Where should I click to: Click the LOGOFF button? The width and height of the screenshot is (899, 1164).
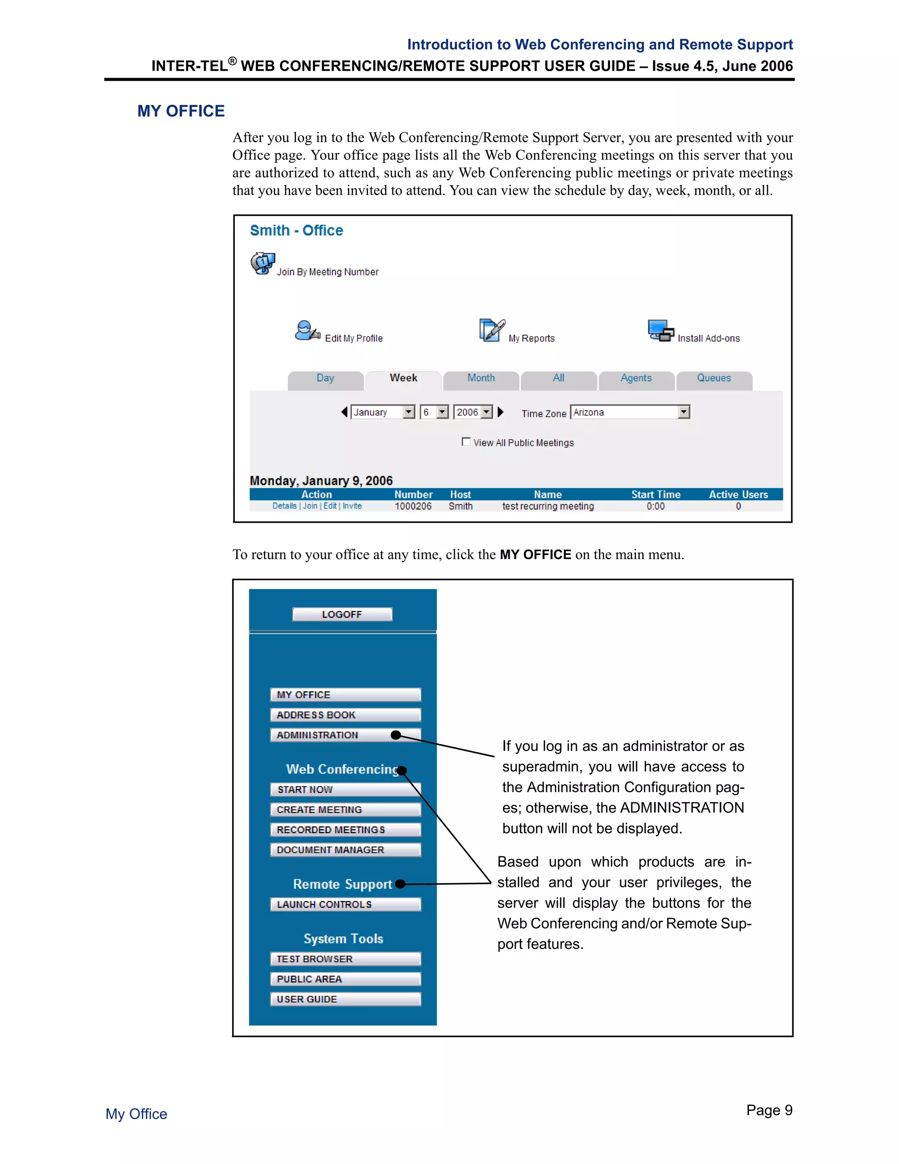(x=342, y=614)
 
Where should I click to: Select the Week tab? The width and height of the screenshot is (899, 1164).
(x=403, y=378)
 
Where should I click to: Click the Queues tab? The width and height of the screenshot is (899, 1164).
(x=714, y=378)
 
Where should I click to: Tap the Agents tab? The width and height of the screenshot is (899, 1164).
(x=636, y=378)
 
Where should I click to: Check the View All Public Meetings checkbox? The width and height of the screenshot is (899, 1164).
(x=466, y=442)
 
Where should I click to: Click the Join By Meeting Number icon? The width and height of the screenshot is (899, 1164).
(x=263, y=263)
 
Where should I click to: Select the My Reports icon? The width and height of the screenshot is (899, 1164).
(x=492, y=330)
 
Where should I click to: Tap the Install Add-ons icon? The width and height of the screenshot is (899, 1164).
(x=660, y=330)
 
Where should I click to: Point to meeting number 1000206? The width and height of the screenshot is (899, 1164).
(x=413, y=506)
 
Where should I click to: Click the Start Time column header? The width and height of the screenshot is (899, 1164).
(x=656, y=495)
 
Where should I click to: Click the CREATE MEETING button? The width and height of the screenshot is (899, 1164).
(x=345, y=810)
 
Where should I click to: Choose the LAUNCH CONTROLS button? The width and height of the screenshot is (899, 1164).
(x=345, y=904)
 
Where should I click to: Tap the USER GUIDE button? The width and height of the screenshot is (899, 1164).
(x=345, y=999)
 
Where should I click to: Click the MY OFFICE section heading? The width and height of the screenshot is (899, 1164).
(x=181, y=111)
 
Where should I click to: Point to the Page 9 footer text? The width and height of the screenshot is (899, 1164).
(x=769, y=1110)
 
